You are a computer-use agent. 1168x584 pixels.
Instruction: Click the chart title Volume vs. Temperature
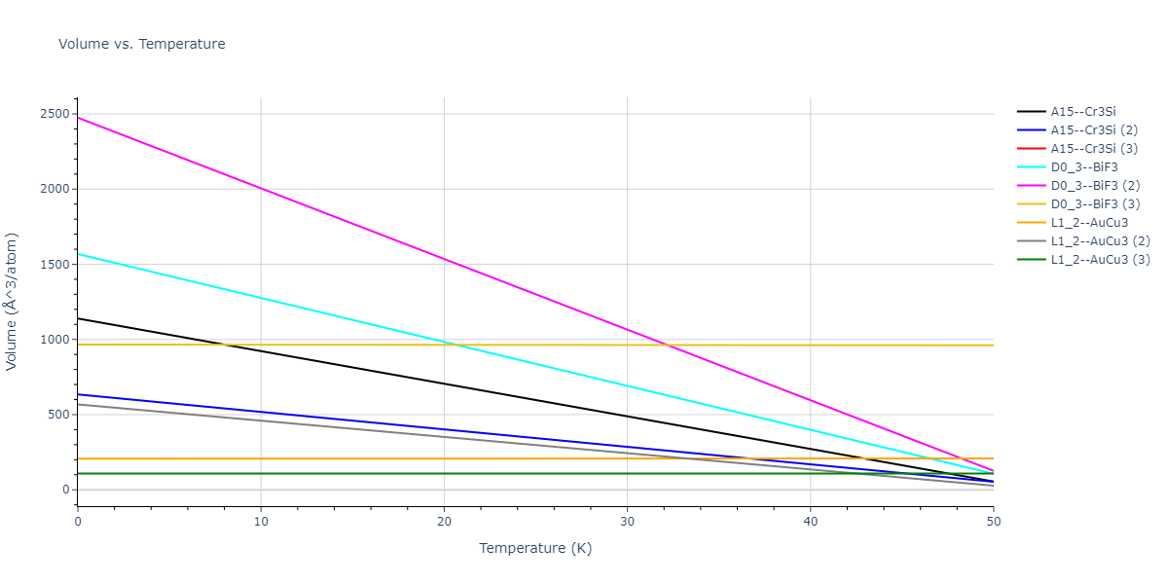[x=142, y=44]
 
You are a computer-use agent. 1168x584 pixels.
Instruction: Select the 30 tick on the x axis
[x=627, y=521]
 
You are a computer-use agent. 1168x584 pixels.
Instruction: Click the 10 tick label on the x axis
[x=261, y=521]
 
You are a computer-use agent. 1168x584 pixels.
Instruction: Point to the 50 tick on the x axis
[x=993, y=521]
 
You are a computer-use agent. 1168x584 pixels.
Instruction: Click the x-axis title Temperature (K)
[x=535, y=548]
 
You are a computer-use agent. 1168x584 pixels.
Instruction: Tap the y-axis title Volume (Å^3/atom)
[x=13, y=301]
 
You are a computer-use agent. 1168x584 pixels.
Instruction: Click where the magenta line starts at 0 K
[x=78, y=118]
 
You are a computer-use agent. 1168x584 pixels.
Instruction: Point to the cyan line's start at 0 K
[x=78, y=254]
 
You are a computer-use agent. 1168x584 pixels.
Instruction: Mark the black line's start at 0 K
[x=78, y=318]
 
